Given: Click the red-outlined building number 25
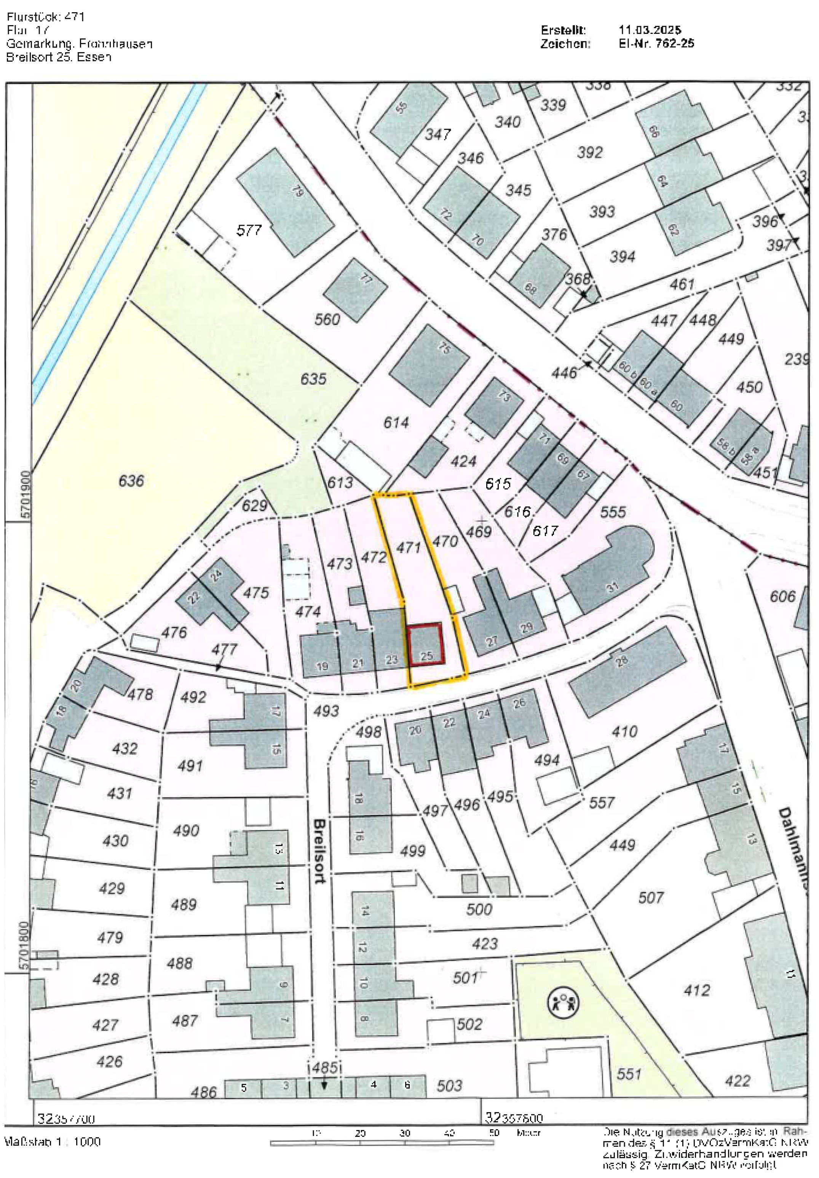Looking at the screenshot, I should pyautogui.click(x=425, y=645).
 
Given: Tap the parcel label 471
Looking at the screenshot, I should pyautogui.click(x=409, y=547).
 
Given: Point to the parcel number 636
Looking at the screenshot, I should pyautogui.click(x=131, y=481).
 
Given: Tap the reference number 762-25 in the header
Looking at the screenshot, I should pyautogui.click(x=674, y=44).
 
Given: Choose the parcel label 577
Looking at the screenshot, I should pyautogui.click(x=249, y=230).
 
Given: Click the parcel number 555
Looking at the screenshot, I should pyautogui.click(x=613, y=512).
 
